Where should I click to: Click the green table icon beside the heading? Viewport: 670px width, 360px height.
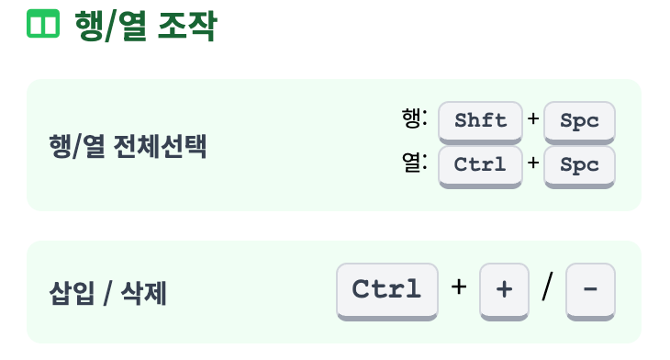pos(42,24)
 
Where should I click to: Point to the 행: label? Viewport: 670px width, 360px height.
pos(415,118)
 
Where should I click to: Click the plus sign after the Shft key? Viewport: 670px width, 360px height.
pos(533,119)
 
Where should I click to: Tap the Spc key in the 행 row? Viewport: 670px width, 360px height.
pos(579,120)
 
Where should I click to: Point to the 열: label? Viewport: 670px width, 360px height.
pos(415,163)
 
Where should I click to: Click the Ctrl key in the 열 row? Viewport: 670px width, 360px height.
pos(481,164)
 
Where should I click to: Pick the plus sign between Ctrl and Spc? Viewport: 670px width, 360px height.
pos(533,164)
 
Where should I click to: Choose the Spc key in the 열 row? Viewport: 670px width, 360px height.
pos(579,164)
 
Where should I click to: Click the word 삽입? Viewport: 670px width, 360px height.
pos(70,294)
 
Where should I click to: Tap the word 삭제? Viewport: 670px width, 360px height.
pos(145,294)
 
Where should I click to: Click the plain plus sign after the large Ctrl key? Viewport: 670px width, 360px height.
pos(459,287)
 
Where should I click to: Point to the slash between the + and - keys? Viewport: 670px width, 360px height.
pos(548,288)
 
